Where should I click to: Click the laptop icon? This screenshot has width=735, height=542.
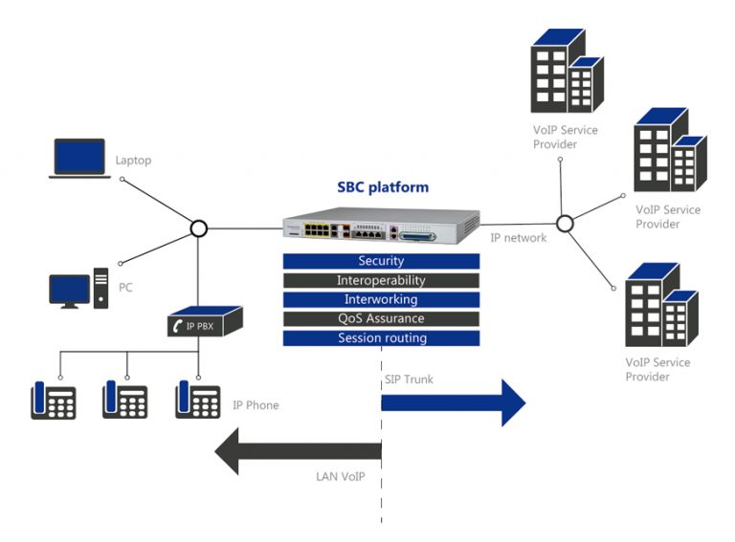[x=78, y=160]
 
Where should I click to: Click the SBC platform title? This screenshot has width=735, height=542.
[x=383, y=187]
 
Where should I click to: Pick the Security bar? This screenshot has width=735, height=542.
[x=381, y=261]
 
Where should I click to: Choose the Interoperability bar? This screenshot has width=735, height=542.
[x=381, y=281]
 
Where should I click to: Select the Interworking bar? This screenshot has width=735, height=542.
[x=381, y=300]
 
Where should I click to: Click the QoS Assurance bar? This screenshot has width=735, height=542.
[x=381, y=319]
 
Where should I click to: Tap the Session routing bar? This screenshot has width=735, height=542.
[x=381, y=338]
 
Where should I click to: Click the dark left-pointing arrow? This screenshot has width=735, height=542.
[x=298, y=450]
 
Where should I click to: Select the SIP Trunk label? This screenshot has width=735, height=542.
[x=409, y=379]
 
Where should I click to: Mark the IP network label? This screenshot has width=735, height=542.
[x=518, y=238]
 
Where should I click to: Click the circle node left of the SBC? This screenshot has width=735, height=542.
[x=198, y=228]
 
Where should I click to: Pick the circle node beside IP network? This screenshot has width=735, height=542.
[x=565, y=224]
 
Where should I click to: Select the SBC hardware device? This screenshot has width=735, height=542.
[x=380, y=228]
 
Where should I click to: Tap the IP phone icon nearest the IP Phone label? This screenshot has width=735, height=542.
[x=197, y=400]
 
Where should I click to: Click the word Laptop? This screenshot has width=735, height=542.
[x=133, y=162]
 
